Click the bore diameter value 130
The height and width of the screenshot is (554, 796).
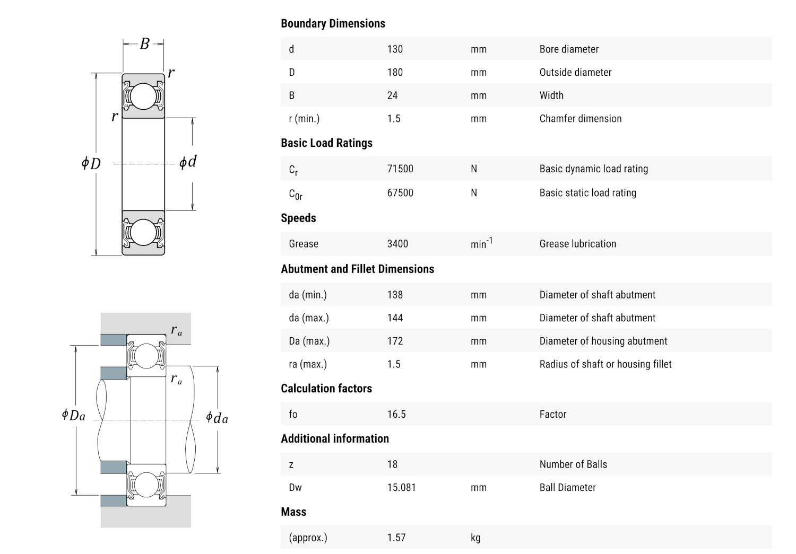(395, 49)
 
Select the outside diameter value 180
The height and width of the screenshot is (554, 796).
(395, 73)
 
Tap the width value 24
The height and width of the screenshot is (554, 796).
(392, 95)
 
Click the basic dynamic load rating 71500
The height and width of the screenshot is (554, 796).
(400, 169)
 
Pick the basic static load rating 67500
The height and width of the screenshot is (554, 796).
(400, 193)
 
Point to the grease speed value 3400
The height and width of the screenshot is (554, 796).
(397, 244)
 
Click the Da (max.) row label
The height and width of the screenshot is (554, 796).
(309, 341)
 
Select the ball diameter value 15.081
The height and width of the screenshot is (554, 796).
(401, 487)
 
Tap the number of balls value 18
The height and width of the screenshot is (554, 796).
(392, 464)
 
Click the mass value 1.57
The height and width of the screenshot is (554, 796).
(396, 538)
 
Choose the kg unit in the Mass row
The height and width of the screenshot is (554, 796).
(475, 538)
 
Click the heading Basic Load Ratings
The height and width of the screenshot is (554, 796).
(326, 143)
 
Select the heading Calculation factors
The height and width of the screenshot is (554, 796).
(326, 389)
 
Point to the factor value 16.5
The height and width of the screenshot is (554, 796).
(396, 414)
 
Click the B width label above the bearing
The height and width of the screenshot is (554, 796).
(144, 43)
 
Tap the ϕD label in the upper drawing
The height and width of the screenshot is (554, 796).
(91, 163)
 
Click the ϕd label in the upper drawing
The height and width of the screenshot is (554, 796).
(188, 162)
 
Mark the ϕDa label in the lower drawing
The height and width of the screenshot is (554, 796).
(73, 415)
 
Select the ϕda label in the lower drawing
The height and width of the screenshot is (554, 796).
(217, 418)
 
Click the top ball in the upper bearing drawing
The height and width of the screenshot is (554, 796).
(143, 96)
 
